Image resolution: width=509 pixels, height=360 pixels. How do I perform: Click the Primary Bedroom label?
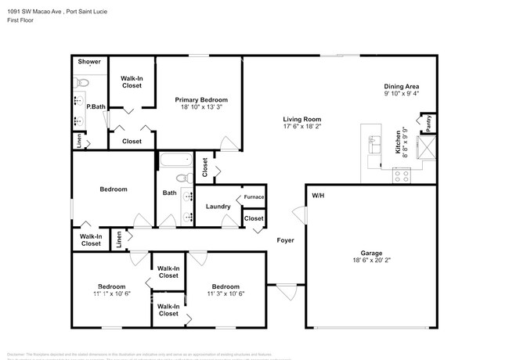[201, 100]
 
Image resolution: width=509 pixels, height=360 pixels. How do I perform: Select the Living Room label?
[301, 118]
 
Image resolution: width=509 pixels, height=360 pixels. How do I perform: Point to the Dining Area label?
[400, 86]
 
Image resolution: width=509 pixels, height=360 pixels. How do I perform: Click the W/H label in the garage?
[319, 196]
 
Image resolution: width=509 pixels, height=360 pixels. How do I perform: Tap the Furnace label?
[254, 196]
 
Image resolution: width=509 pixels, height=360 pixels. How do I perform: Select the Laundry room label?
[217, 207]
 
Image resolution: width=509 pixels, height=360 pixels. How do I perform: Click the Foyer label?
[285, 240]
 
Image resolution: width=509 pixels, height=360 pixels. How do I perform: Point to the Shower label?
[88, 61]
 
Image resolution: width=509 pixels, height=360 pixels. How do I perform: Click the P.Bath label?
[96, 106]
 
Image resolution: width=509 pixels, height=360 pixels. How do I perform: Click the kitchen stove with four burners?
[401, 177]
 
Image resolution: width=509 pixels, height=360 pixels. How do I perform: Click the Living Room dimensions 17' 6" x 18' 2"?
[301, 126]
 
